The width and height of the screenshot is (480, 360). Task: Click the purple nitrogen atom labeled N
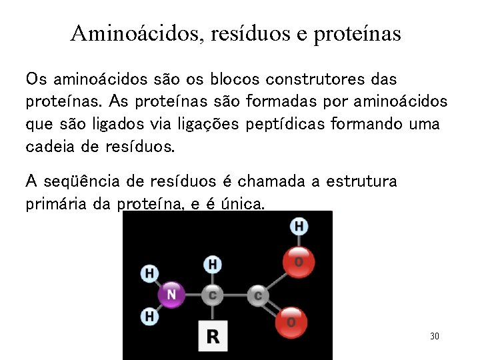[171, 294]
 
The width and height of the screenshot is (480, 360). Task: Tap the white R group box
[212, 335]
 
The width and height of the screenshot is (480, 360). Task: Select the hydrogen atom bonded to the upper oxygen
[299, 226]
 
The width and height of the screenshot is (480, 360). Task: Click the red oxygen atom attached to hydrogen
[297, 262]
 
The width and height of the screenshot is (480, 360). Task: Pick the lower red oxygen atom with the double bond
[291, 321]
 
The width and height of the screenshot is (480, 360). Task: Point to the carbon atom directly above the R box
[212, 295]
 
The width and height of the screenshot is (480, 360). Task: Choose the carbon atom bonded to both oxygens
[257, 294]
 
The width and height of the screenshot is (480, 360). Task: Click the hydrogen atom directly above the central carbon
[212, 265]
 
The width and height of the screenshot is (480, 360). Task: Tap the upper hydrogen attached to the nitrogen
[149, 273]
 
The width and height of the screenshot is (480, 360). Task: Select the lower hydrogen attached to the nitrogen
[149, 315]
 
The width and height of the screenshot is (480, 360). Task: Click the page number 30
[434, 336]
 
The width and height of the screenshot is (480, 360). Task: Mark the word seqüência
[84, 181]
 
